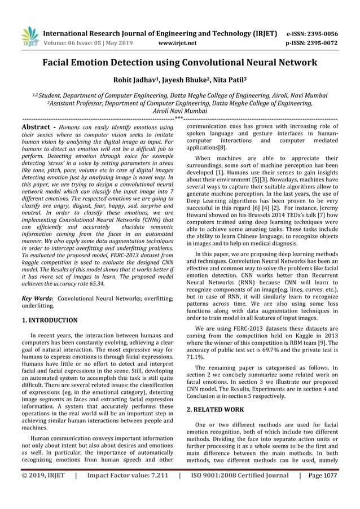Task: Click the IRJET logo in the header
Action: click(30, 36)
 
